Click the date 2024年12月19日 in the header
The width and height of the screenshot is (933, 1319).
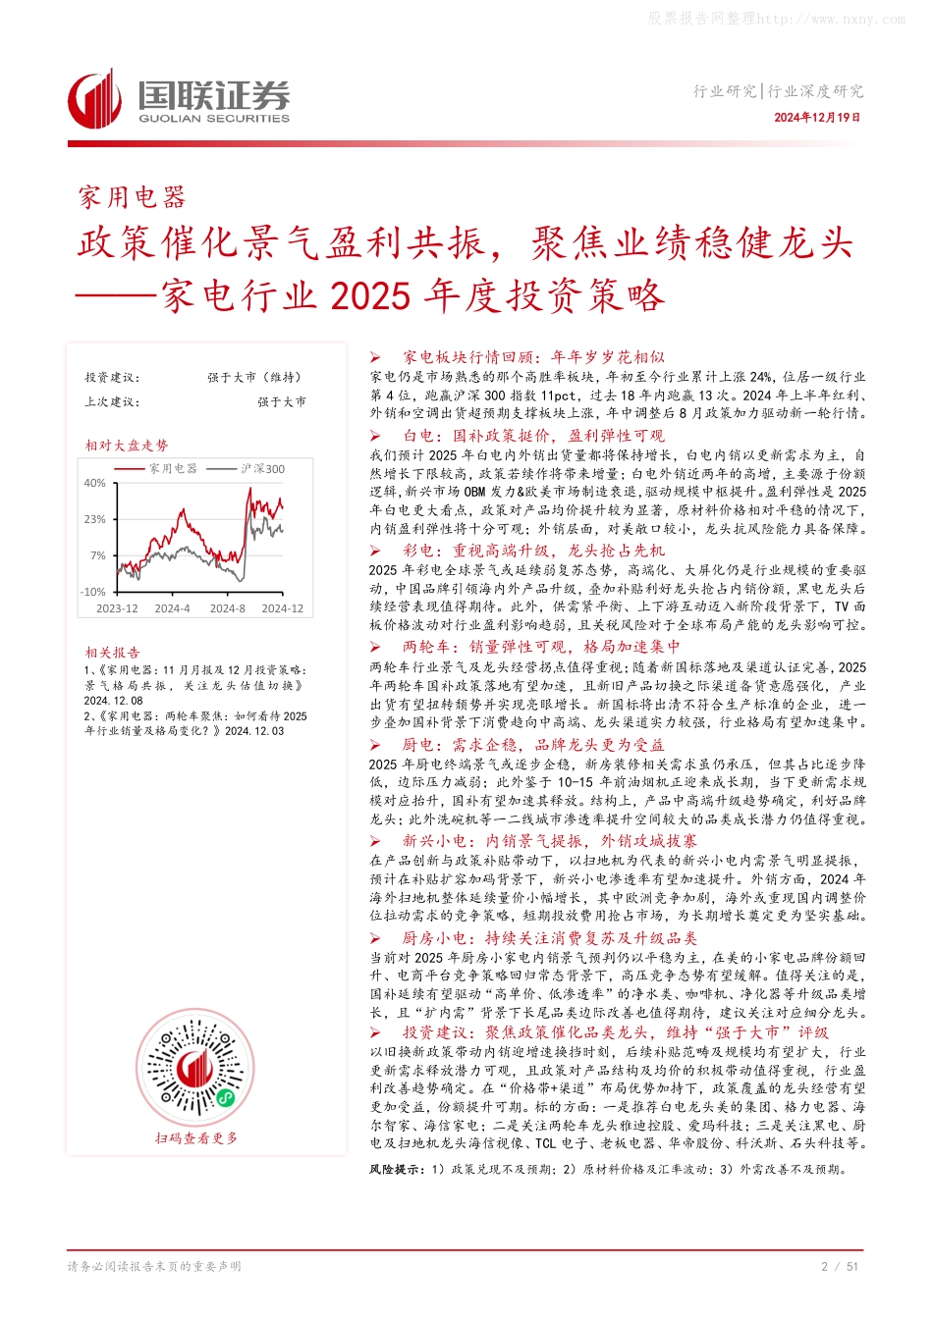point(816,118)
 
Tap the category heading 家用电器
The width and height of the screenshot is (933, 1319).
point(132,198)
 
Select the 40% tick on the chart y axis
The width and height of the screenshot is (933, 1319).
point(94,483)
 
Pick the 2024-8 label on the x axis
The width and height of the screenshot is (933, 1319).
point(228,608)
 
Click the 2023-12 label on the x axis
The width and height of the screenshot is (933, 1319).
point(117,608)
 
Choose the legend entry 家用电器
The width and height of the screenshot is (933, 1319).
point(173,469)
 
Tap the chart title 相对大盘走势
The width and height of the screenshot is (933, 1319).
point(126,446)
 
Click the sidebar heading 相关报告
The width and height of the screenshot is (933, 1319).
point(112,653)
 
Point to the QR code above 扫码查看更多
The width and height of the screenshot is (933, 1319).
point(196,1070)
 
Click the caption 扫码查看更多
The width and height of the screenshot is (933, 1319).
point(196,1138)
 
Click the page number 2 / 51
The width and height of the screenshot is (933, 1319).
point(839,1266)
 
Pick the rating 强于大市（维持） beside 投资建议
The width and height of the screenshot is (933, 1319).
point(254,378)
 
